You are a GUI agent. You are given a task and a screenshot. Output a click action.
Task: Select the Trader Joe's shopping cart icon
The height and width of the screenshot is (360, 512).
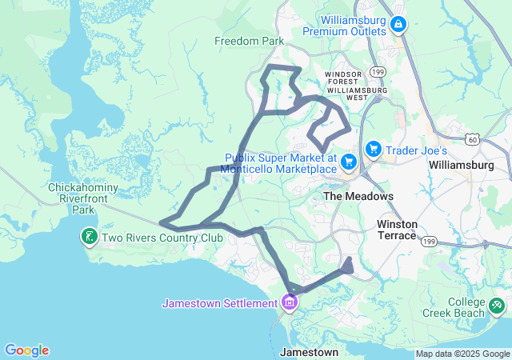coord(373,150)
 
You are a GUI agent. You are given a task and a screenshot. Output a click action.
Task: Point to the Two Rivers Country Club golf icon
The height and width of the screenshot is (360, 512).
coord(88,237)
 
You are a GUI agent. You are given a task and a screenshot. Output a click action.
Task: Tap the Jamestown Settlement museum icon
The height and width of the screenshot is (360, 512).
coord(289,303)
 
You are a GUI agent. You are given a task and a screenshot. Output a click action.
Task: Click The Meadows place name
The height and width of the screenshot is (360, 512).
coord(358,196)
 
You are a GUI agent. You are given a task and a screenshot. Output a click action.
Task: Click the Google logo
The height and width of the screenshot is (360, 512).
coord(26,350)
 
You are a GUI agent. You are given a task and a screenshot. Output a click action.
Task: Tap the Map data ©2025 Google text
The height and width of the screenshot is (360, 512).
coord(462,354)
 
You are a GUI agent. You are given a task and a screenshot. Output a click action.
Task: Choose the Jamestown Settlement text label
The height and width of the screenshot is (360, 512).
coord(218,303)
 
